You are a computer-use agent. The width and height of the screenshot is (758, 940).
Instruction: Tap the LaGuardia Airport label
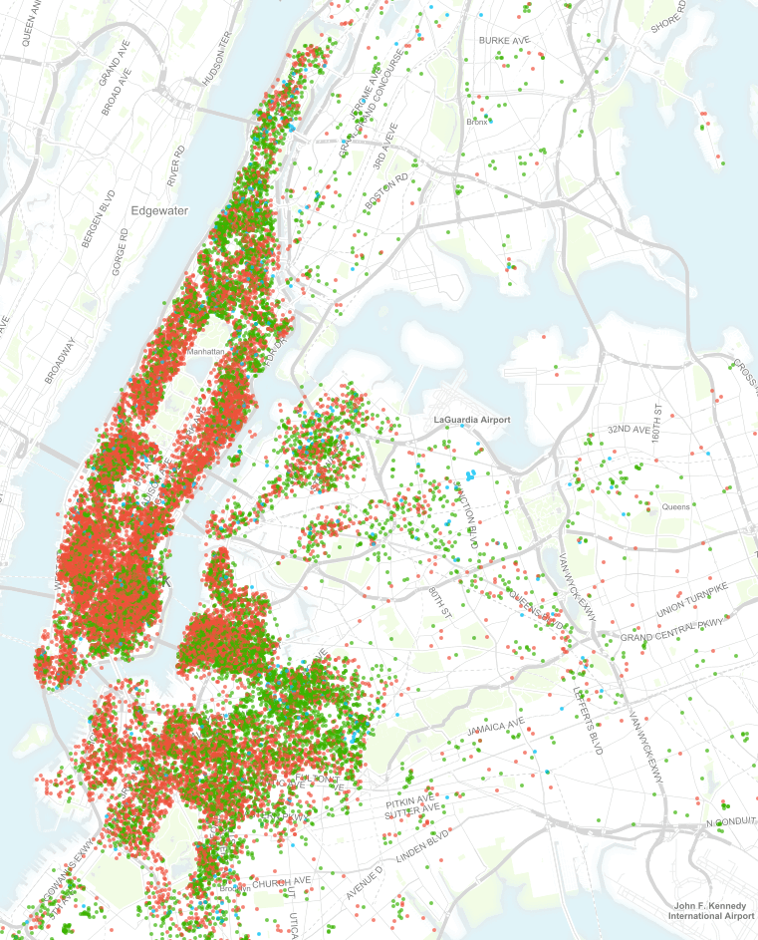pyautogui.click(x=472, y=421)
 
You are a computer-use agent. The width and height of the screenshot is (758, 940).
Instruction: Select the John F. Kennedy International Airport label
pyautogui.click(x=712, y=909)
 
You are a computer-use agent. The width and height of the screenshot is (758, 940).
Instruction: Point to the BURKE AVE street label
pyautogui.click(x=504, y=40)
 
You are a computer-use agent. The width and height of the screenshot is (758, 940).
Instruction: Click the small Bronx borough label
pyautogui.click(x=477, y=123)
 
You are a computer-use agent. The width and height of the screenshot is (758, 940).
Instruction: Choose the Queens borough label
pyautogui.click(x=675, y=507)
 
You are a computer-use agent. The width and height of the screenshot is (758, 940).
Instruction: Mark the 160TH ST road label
pyautogui.click(x=657, y=426)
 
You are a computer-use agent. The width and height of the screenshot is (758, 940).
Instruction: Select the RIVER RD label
pyautogui.click(x=176, y=165)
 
